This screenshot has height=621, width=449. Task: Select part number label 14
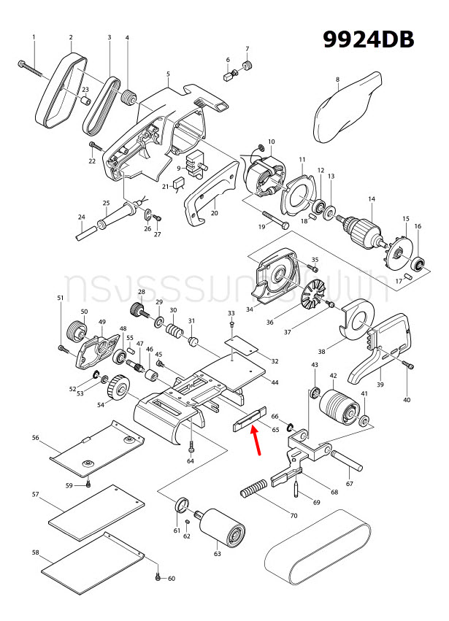[x=371, y=198]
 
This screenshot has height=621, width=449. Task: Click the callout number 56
[x=35, y=438]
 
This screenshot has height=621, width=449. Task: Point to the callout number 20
[x=215, y=213]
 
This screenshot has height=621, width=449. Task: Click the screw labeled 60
[x=157, y=577]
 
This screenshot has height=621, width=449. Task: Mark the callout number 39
[x=380, y=385]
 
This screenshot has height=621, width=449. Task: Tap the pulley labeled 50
[x=77, y=333]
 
